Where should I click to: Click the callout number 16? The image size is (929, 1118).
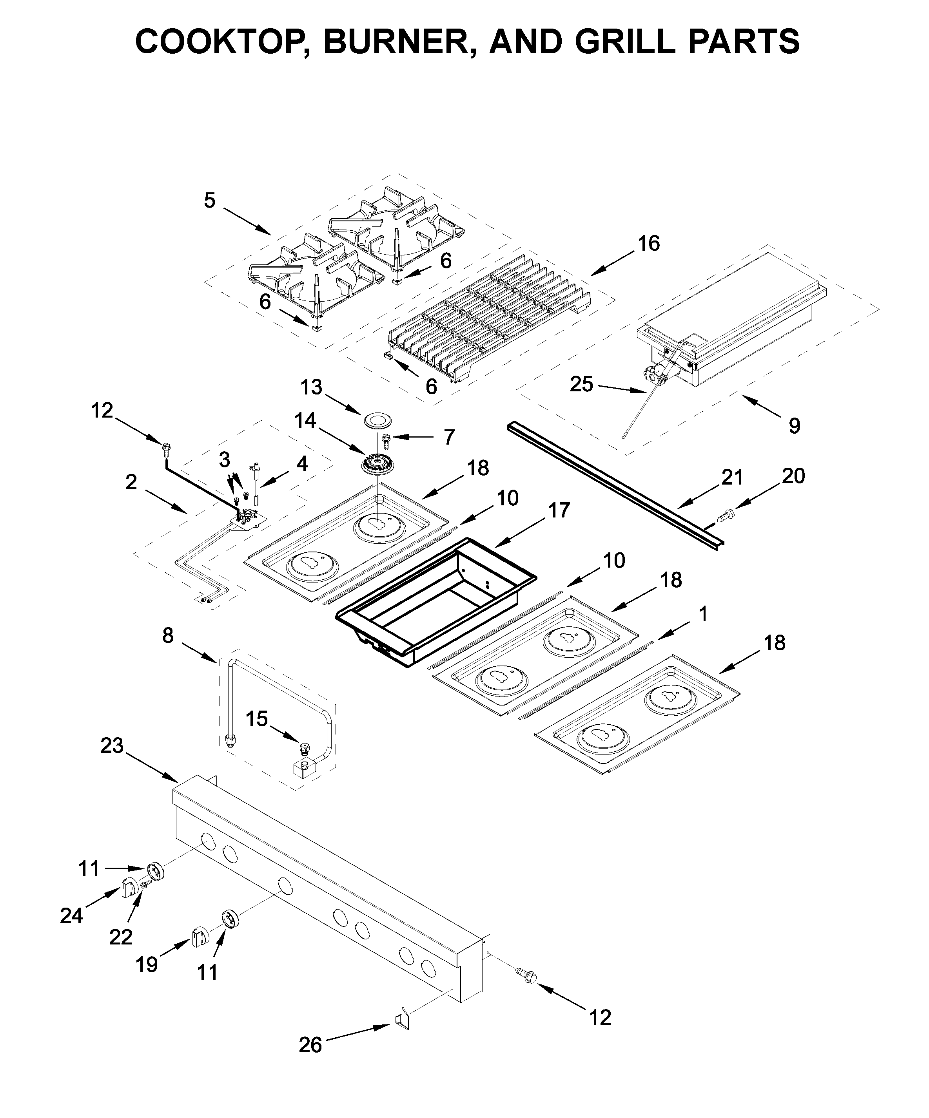coord(648,243)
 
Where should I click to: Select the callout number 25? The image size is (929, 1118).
coord(581,384)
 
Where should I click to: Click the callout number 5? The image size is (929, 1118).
coord(209,201)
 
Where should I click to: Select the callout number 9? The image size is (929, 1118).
coord(794,425)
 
